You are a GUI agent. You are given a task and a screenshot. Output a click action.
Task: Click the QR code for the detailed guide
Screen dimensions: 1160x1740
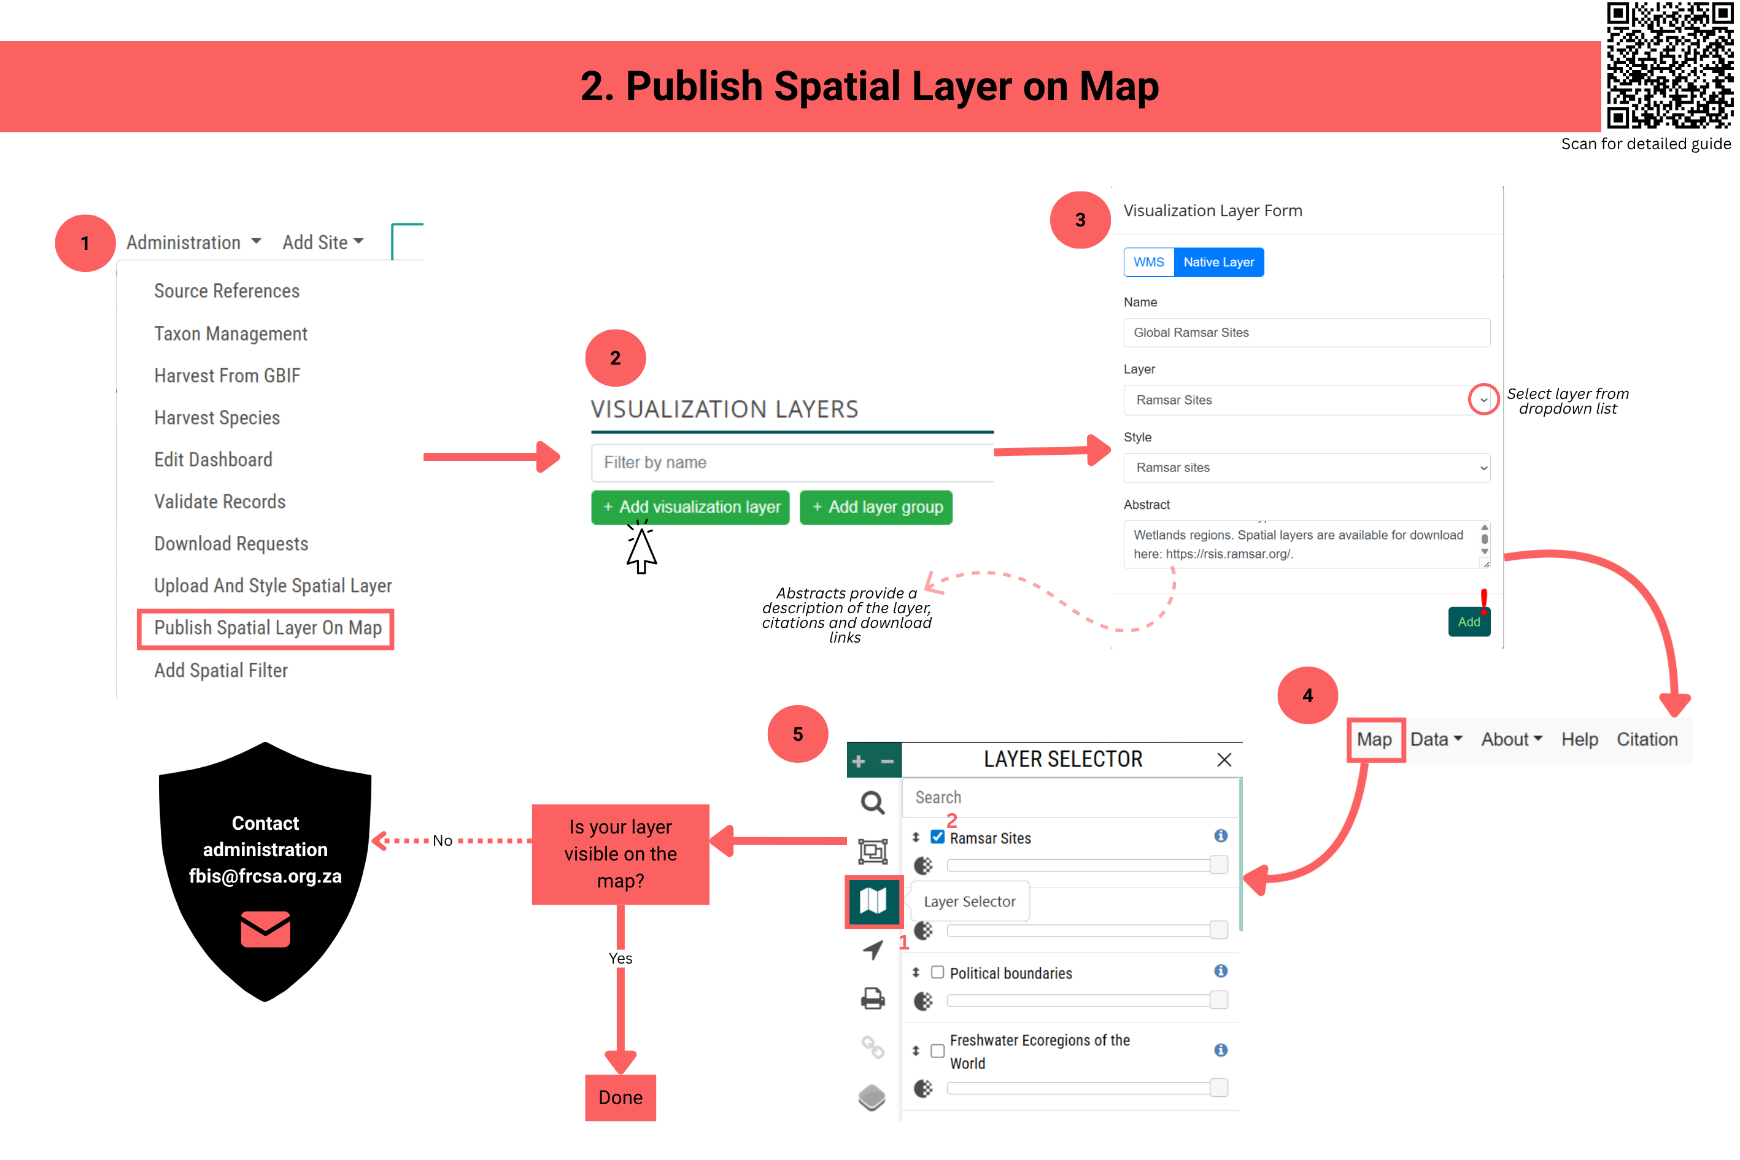(1669, 65)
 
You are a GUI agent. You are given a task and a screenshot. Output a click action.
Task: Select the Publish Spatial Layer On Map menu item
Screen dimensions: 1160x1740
(267, 628)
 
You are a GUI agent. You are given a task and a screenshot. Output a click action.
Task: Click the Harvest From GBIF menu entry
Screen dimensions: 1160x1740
(227, 376)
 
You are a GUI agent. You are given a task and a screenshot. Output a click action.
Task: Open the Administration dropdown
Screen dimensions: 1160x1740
(193, 242)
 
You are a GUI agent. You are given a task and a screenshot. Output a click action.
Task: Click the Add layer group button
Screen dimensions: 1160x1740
(876, 508)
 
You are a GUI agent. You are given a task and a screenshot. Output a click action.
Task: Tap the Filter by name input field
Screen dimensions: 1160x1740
(792, 462)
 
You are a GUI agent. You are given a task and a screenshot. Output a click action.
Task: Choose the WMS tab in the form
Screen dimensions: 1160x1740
(1148, 263)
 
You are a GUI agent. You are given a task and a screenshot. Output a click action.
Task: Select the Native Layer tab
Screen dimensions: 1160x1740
(1218, 263)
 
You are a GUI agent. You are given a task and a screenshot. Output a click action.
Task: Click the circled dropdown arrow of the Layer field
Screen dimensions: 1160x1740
(1483, 400)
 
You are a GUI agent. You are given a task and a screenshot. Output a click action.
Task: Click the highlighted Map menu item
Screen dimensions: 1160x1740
(1375, 740)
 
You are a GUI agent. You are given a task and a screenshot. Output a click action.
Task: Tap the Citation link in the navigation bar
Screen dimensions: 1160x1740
(1647, 740)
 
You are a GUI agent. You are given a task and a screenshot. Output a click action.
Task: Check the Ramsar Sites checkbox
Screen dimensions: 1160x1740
(937, 837)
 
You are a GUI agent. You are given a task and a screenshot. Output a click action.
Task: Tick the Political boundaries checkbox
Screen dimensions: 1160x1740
(937, 972)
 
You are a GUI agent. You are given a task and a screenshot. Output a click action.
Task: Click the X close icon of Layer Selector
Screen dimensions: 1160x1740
(1224, 760)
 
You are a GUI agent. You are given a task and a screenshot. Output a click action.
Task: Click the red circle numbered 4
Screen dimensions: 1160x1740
(1307, 695)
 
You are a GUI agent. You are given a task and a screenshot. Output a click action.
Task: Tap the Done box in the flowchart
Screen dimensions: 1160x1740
(620, 1098)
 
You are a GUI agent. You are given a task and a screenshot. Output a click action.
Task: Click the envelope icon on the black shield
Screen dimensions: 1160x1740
(266, 929)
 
